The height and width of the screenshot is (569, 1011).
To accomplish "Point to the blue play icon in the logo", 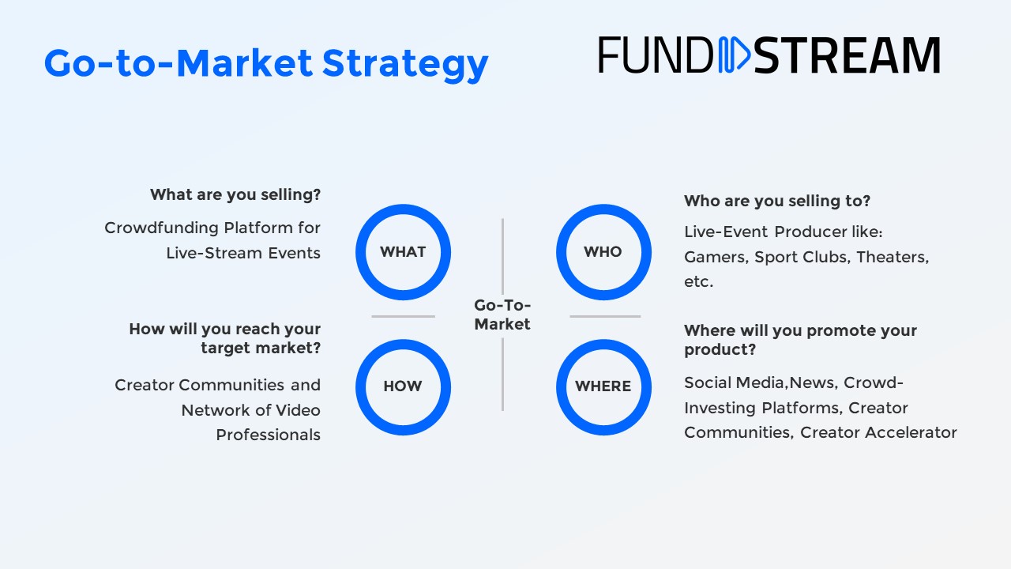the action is [734, 55].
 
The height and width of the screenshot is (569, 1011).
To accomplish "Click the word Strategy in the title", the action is [405, 65].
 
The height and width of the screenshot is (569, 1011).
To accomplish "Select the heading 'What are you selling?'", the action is [235, 194].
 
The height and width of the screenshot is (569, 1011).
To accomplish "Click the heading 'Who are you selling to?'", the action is [776, 201].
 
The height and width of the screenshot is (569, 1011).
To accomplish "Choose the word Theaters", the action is [893, 257].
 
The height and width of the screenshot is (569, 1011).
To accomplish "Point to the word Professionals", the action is [268, 435].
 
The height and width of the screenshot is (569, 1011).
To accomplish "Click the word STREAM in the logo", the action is [847, 55].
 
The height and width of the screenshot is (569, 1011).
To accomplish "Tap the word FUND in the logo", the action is [656, 55].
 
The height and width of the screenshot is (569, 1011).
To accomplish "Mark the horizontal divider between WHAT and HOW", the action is [403, 317].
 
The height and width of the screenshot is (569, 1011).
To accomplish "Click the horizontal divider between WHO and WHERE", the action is [605, 317].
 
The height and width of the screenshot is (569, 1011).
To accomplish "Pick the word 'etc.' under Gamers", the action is [698, 282].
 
